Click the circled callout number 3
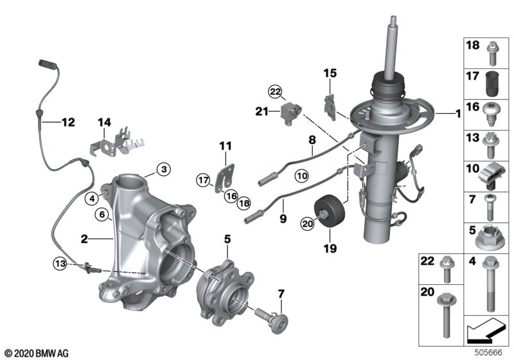[x=164, y=170]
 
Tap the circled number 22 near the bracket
[x=276, y=93]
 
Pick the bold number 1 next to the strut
[x=457, y=114]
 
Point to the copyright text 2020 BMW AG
[x=35, y=353]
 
